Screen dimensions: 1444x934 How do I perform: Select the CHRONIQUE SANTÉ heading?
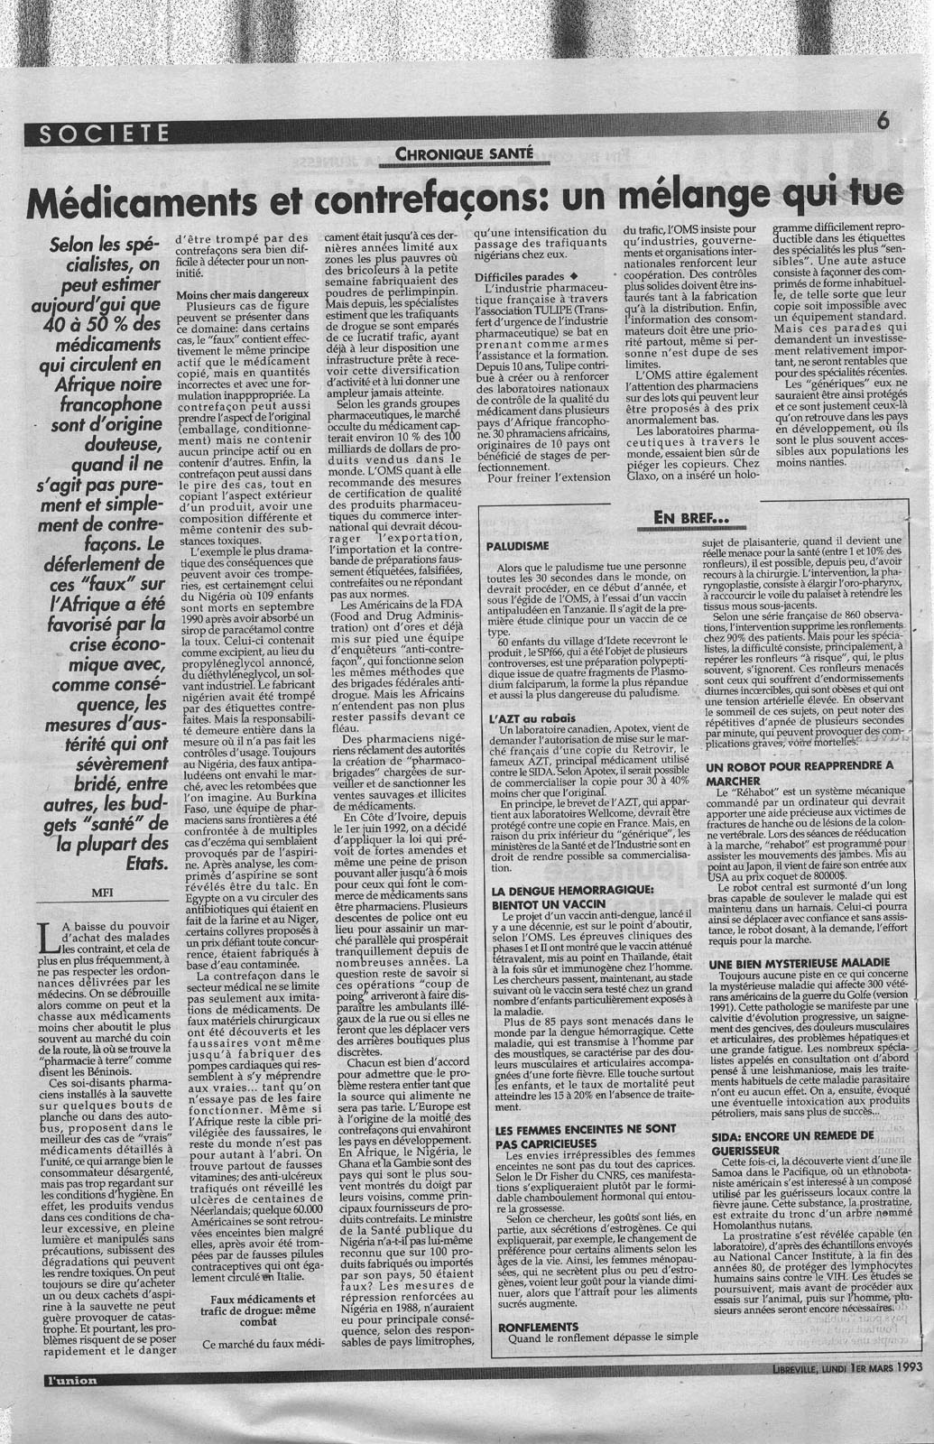(x=464, y=154)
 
